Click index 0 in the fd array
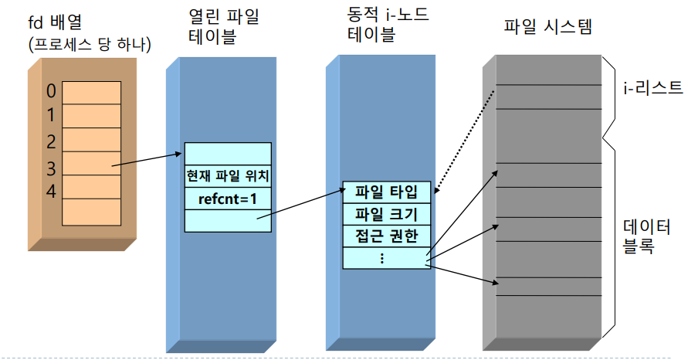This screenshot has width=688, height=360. [51, 91]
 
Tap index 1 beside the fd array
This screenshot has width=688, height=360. [51, 116]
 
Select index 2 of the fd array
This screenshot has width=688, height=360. [51, 141]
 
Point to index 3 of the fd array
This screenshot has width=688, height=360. [51, 166]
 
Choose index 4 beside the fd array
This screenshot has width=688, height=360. [51, 191]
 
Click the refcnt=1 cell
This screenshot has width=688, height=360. [227, 199]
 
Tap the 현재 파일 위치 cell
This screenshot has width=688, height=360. [227, 175]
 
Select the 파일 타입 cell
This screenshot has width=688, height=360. [385, 192]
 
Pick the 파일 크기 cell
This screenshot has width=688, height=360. [385, 214]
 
